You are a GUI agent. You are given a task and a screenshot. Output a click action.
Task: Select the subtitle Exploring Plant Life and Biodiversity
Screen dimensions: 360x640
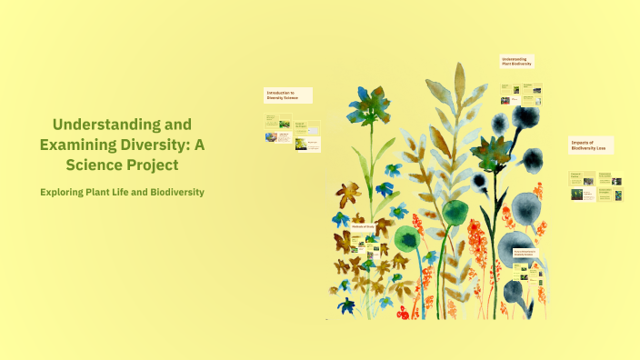click(122, 192)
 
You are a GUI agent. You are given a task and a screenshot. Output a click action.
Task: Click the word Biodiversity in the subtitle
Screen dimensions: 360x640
click(173, 192)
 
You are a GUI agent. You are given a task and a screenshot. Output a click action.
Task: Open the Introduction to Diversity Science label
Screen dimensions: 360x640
click(287, 95)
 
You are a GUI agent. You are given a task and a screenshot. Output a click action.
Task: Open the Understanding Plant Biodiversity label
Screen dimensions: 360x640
click(516, 62)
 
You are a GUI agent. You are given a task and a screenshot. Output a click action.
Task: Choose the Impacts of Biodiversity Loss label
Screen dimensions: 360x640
click(590, 145)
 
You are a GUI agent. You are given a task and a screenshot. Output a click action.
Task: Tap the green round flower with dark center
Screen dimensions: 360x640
click(407, 238)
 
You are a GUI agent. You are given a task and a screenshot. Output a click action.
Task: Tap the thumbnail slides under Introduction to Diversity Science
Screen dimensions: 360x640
click(291, 132)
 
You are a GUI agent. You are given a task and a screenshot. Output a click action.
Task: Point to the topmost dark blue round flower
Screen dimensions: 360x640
click(527, 118)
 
